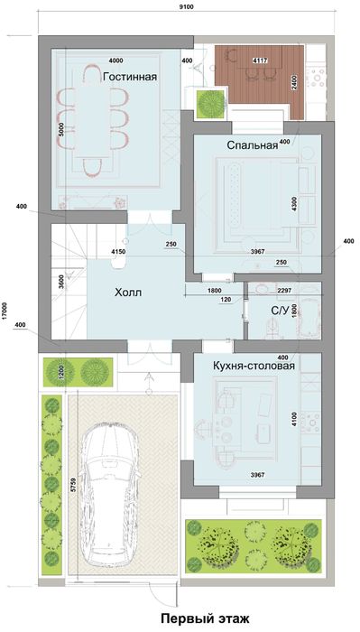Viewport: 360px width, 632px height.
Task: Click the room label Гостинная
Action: click(x=130, y=77)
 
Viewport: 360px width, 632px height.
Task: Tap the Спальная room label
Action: click(x=252, y=147)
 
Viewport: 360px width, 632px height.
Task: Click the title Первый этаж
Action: click(x=208, y=619)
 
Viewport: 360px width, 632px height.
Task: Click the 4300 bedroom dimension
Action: click(x=294, y=204)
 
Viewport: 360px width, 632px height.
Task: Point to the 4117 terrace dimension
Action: click(x=260, y=60)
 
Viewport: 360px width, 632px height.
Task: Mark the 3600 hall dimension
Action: click(x=60, y=280)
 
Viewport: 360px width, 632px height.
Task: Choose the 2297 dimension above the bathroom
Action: click(x=283, y=290)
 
